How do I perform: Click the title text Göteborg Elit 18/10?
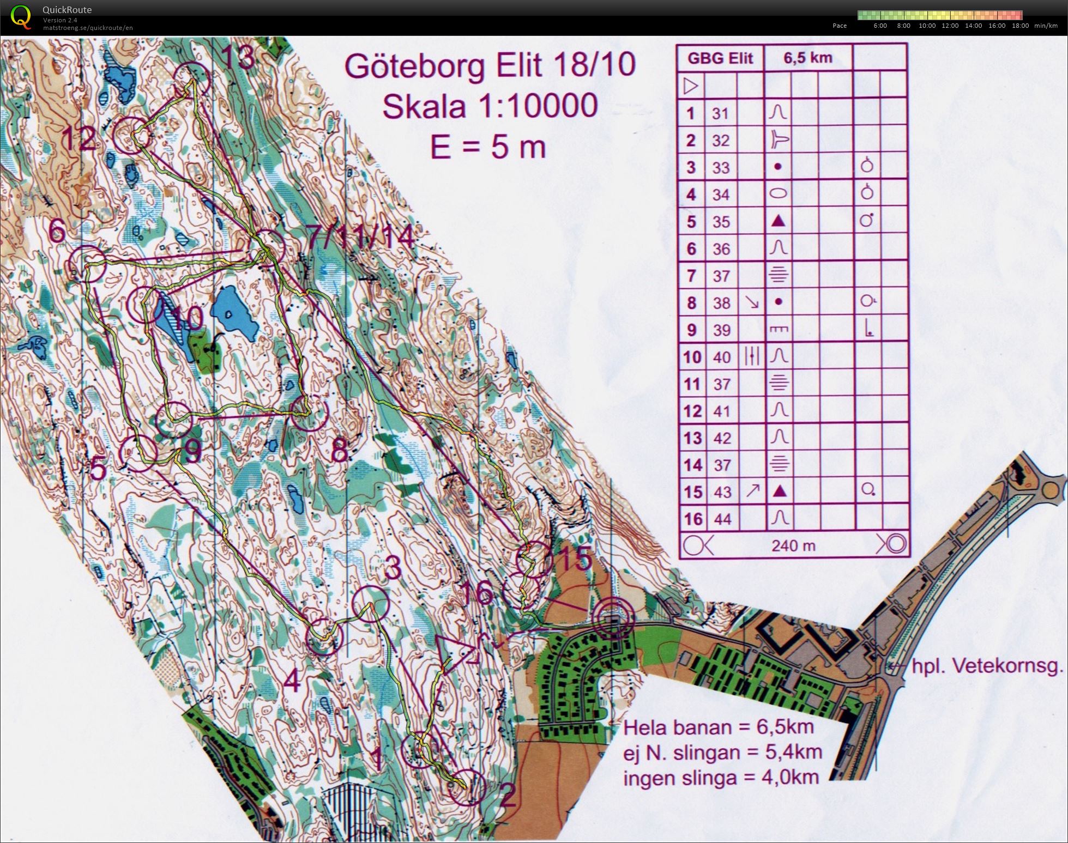click(x=490, y=65)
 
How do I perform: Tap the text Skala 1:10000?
click(x=489, y=106)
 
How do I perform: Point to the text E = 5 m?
click(x=487, y=147)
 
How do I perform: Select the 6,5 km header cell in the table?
click(x=807, y=57)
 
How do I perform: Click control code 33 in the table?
click(x=720, y=167)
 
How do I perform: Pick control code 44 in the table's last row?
click(x=722, y=519)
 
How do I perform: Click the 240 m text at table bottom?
click(x=793, y=545)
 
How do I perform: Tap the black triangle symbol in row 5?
click(x=779, y=221)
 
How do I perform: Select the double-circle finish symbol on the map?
click(x=614, y=618)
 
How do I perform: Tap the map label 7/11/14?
click(x=360, y=237)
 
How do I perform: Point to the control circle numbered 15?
click(x=533, y=559)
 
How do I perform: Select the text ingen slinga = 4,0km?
click(x=721, y=778)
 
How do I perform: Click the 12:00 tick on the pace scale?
click(x=950, y=26)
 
